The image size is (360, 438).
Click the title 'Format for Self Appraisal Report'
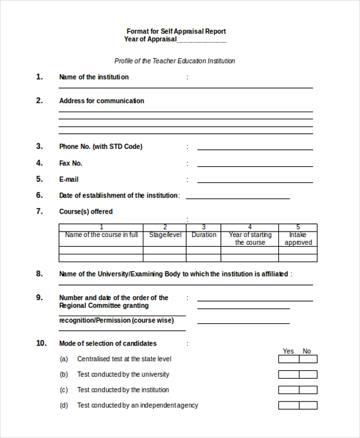pyautogui.click(x=176, y=31)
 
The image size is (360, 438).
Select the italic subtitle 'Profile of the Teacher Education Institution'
pyautogui.click(x=175, y=61)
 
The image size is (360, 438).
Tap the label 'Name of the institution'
pyautogui.click(x=94, y=77)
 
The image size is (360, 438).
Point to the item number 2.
pyautogui.click(x=40, y=101)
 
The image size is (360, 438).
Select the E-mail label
pyautogui.click(x=68, y=179)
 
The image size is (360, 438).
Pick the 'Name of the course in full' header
pyautogui.click(x=101, y=235)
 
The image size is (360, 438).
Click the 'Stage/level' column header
pyautogui.click(x=164, y=235)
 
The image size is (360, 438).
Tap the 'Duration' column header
pyautogui.click(x=204, y=235)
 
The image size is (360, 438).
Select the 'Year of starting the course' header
pyautogui.click(x=250, y=239)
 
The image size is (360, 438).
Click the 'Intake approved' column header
pyautogui.click(x=298, y=239)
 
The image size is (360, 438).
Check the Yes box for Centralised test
pyautogui.click(x=289, y=359)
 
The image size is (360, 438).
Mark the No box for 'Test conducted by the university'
pyautogui.click(x=308, y=374)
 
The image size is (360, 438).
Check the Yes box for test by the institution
pyautogui.click(x=289, y=390)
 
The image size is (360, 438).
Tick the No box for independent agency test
pyautogui.click(x=308, y=406)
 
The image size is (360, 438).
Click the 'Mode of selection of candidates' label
pyautogui.click(x=107, y=344)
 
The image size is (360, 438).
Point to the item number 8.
pyautogui.click(x=40, y=274)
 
